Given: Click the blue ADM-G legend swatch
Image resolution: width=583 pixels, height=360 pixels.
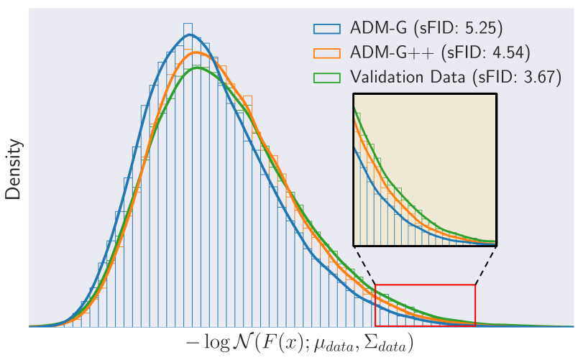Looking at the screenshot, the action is click(x=327, y=29).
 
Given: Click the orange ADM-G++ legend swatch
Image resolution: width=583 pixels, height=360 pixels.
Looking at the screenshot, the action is click(x=327, y=53).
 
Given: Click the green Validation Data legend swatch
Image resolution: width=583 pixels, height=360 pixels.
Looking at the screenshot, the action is click(x=327, y=78).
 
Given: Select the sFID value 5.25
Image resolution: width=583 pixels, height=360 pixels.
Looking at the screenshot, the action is click(x=481, y=28).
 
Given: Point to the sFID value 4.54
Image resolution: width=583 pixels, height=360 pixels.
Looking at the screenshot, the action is click(x=509, y=52).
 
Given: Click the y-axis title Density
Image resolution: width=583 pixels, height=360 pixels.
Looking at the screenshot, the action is click(x=14, y=169).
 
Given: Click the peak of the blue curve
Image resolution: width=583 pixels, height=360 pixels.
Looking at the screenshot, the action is click(x=190, y=34).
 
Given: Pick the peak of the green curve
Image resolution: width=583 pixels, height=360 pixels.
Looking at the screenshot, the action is click(x=197, y=68).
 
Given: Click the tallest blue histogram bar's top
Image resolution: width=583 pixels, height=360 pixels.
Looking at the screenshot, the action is click(x=188, y=24).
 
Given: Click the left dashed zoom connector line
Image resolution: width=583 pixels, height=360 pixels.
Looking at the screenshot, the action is click(x=365, y=266).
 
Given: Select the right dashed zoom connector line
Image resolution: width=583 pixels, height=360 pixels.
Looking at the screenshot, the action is click(x=485, y=266).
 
